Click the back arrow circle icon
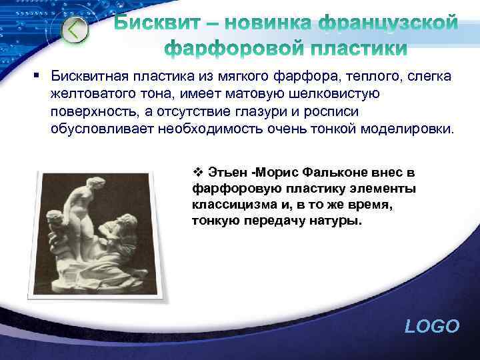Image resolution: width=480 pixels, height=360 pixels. (x=75, y=29)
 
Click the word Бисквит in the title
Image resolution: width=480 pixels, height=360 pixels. (x=155, y=25)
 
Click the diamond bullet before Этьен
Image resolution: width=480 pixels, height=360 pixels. (x=197, y=173)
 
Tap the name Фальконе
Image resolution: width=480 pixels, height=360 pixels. (x=331, y=173)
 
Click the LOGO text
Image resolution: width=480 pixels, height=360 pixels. (x=432, y=326)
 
